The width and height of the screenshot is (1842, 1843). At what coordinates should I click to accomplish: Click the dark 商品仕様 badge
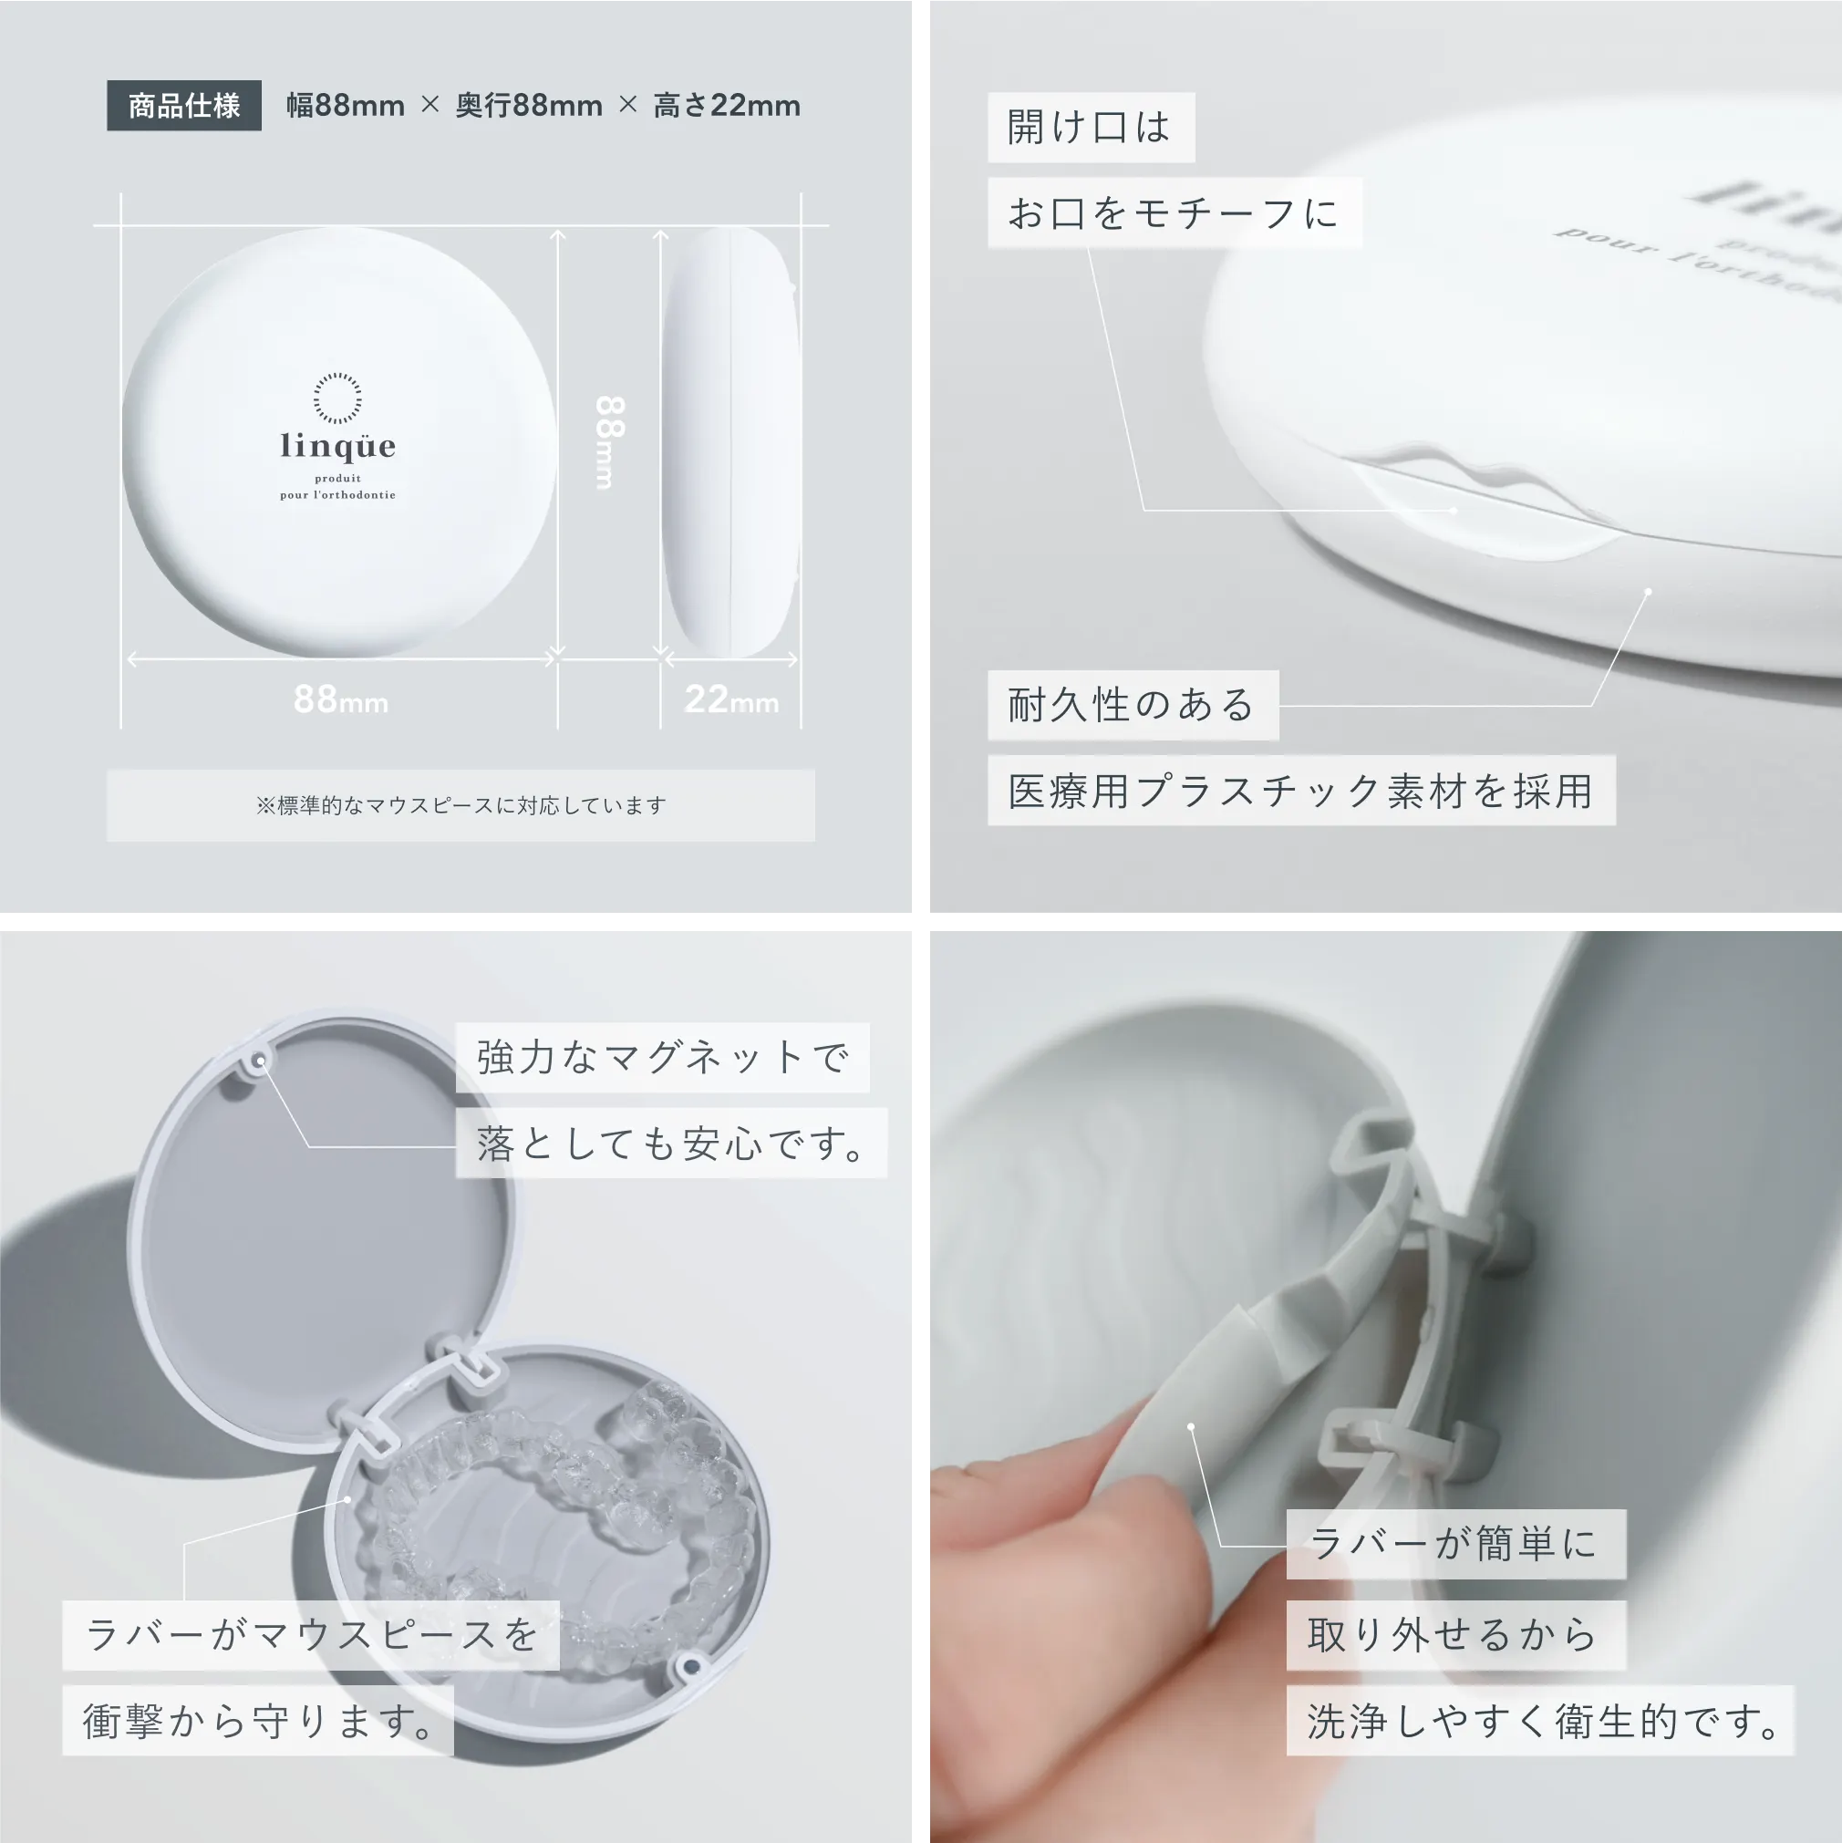pos(184,105)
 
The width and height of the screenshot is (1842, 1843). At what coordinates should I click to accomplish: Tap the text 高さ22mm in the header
pos(726,105)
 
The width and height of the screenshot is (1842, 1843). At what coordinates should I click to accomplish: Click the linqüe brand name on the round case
pos(337,446)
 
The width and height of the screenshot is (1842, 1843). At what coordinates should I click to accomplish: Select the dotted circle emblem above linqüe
pos(337,398)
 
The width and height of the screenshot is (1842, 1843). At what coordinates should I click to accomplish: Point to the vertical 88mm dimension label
pos(610,441)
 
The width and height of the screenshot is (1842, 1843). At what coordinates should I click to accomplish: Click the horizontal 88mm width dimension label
pos(340,699)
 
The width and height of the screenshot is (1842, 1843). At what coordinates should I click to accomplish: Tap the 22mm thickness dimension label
pos(731,699)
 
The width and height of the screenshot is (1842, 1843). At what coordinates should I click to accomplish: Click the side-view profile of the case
pos(730,441)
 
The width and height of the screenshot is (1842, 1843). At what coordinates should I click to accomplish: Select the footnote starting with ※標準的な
pos(460,805)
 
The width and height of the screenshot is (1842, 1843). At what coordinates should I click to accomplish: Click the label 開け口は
pos(1091,127)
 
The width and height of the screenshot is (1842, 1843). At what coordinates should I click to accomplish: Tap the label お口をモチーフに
pos(1175,212)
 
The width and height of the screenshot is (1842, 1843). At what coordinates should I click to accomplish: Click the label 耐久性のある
pos(1133,705)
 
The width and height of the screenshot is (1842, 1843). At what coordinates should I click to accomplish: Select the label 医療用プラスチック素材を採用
pos(1301,791)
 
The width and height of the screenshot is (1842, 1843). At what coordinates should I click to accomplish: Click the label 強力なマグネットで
pos(662,1057)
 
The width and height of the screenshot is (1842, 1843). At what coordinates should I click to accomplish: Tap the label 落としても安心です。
pos(671,1143)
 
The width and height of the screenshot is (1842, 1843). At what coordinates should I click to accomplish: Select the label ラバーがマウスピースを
pos(311,1635)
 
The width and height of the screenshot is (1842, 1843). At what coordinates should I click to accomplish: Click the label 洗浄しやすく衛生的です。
pos(1540,1721)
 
